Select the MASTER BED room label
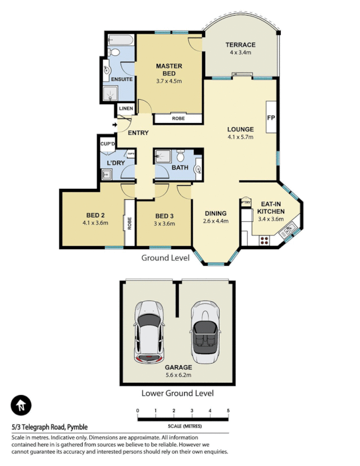click(169, 69)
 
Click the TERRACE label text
click(241, 45)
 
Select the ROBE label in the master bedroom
click(178, 118)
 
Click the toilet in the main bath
click(181, 157)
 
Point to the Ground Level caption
click(165, 258)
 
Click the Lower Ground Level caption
click(177, 393)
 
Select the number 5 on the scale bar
click(228, 411)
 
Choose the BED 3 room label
click(165, 215)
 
